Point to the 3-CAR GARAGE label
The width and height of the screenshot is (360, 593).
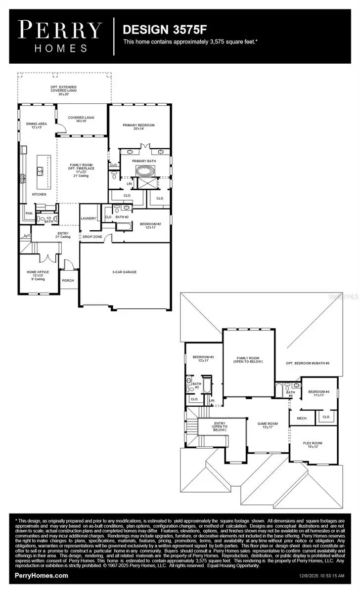(x=124, y=272)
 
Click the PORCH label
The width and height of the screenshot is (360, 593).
(x=68, y=280)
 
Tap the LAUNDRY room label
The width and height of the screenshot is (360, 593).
(x=88, y=218)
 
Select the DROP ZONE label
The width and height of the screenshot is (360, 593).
(x=92, y=236)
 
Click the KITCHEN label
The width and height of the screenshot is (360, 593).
(x=39, y=194)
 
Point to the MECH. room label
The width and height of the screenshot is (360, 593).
(x=302, y=418)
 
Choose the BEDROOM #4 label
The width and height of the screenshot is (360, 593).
(x=319, y=393)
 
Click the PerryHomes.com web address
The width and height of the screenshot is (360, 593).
(x=42, y=575)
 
